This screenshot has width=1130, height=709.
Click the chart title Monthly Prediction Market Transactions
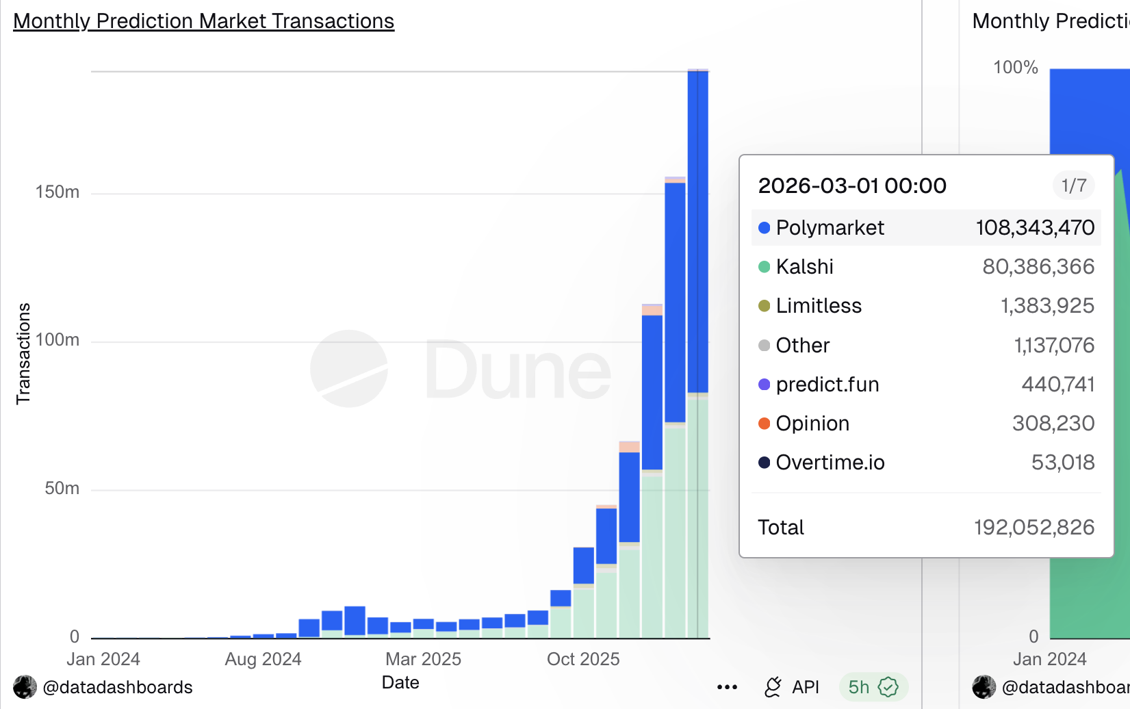203,21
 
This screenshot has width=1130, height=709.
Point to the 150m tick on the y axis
57,192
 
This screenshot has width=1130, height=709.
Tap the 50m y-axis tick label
62,489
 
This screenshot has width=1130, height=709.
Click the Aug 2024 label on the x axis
263,659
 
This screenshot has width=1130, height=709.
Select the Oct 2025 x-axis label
583,659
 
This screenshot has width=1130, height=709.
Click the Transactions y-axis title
23,353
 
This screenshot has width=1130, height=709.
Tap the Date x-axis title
400,682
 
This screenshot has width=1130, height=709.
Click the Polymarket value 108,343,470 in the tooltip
1035,228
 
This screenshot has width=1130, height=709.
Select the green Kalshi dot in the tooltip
765,267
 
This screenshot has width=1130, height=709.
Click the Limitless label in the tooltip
819,306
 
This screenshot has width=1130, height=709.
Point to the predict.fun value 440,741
1058,385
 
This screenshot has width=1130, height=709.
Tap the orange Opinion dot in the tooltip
765,424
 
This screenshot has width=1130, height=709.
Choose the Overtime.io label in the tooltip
830,463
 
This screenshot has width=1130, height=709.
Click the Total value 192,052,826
1034,528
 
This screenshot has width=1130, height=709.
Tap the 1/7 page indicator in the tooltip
1073,185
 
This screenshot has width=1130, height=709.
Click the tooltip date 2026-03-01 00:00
852,185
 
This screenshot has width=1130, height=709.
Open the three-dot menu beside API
727,687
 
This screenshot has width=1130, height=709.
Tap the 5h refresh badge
873,687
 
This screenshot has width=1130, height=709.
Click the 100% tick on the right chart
1016,68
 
